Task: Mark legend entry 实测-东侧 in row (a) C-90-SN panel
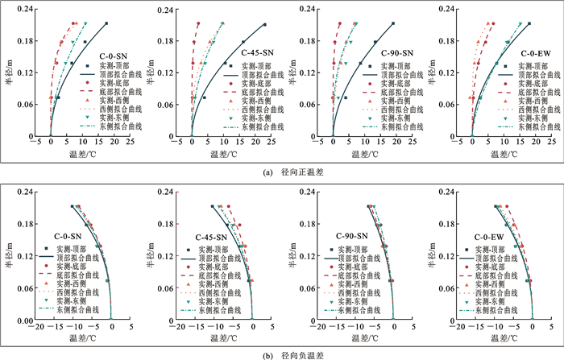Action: (398, 118)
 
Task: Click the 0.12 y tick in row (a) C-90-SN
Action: (307, 73)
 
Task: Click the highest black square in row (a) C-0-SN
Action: (106, 23)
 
